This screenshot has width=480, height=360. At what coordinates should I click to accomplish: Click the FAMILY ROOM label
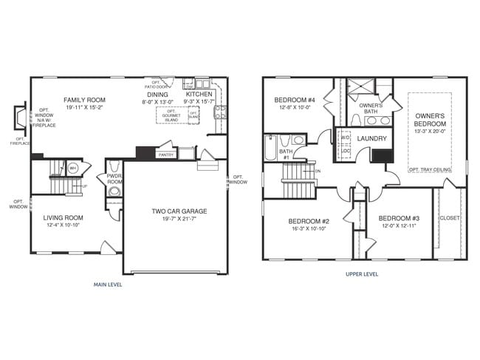[84, 100]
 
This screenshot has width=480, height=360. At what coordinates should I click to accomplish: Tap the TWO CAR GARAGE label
[179, 211]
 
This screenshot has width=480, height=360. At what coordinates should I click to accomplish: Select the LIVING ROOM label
[63, 217]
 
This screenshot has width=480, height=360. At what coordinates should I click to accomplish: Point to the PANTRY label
[166, 155]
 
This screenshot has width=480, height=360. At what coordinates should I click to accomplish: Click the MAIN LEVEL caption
[108, 284]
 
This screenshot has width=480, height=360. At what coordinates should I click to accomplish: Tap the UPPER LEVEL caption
[362, 274]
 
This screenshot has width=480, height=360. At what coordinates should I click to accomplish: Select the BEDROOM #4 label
[295, 101]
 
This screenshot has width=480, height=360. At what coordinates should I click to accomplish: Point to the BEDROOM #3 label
[399, 218]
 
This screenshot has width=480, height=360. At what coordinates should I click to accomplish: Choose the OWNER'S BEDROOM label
[430, 120]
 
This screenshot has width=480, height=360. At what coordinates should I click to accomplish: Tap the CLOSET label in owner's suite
[449, 218]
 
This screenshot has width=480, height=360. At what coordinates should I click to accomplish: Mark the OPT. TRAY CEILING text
[431, 169]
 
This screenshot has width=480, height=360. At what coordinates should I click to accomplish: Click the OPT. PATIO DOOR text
[157, 84]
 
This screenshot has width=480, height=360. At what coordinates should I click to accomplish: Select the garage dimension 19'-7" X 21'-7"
[179, 220]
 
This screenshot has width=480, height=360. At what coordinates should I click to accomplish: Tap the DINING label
[157, 95]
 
